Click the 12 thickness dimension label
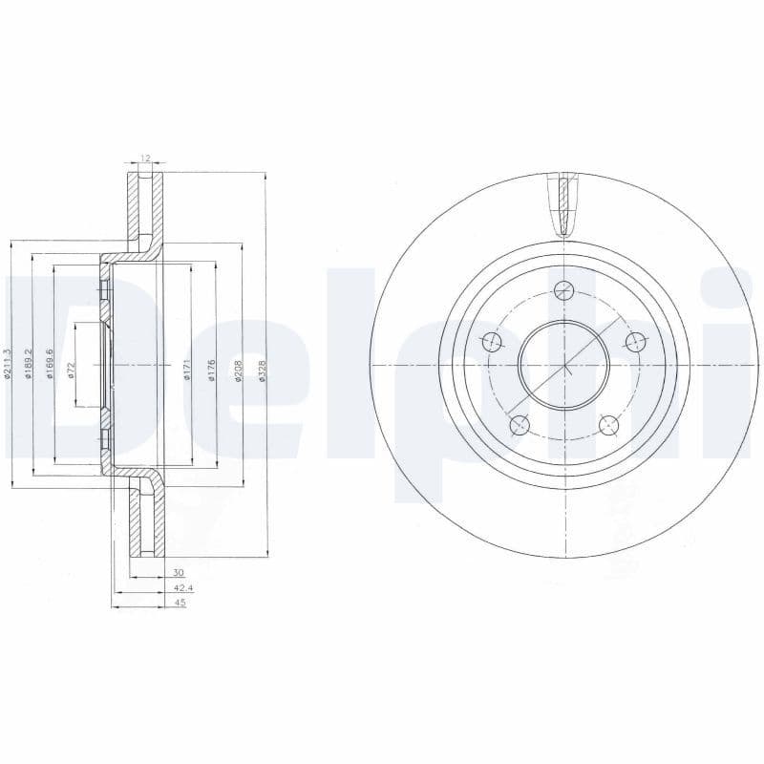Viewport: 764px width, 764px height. point(146,158)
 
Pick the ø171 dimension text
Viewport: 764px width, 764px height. point(188,370)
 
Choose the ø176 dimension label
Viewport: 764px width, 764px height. point(212,370)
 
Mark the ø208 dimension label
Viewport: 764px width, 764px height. point(238,370)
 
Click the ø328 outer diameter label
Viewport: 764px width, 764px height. point(263,370)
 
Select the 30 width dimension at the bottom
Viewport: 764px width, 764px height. point(178,572)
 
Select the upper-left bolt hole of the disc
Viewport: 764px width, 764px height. point(492,341)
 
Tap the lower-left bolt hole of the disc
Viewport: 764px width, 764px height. point(519,424)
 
